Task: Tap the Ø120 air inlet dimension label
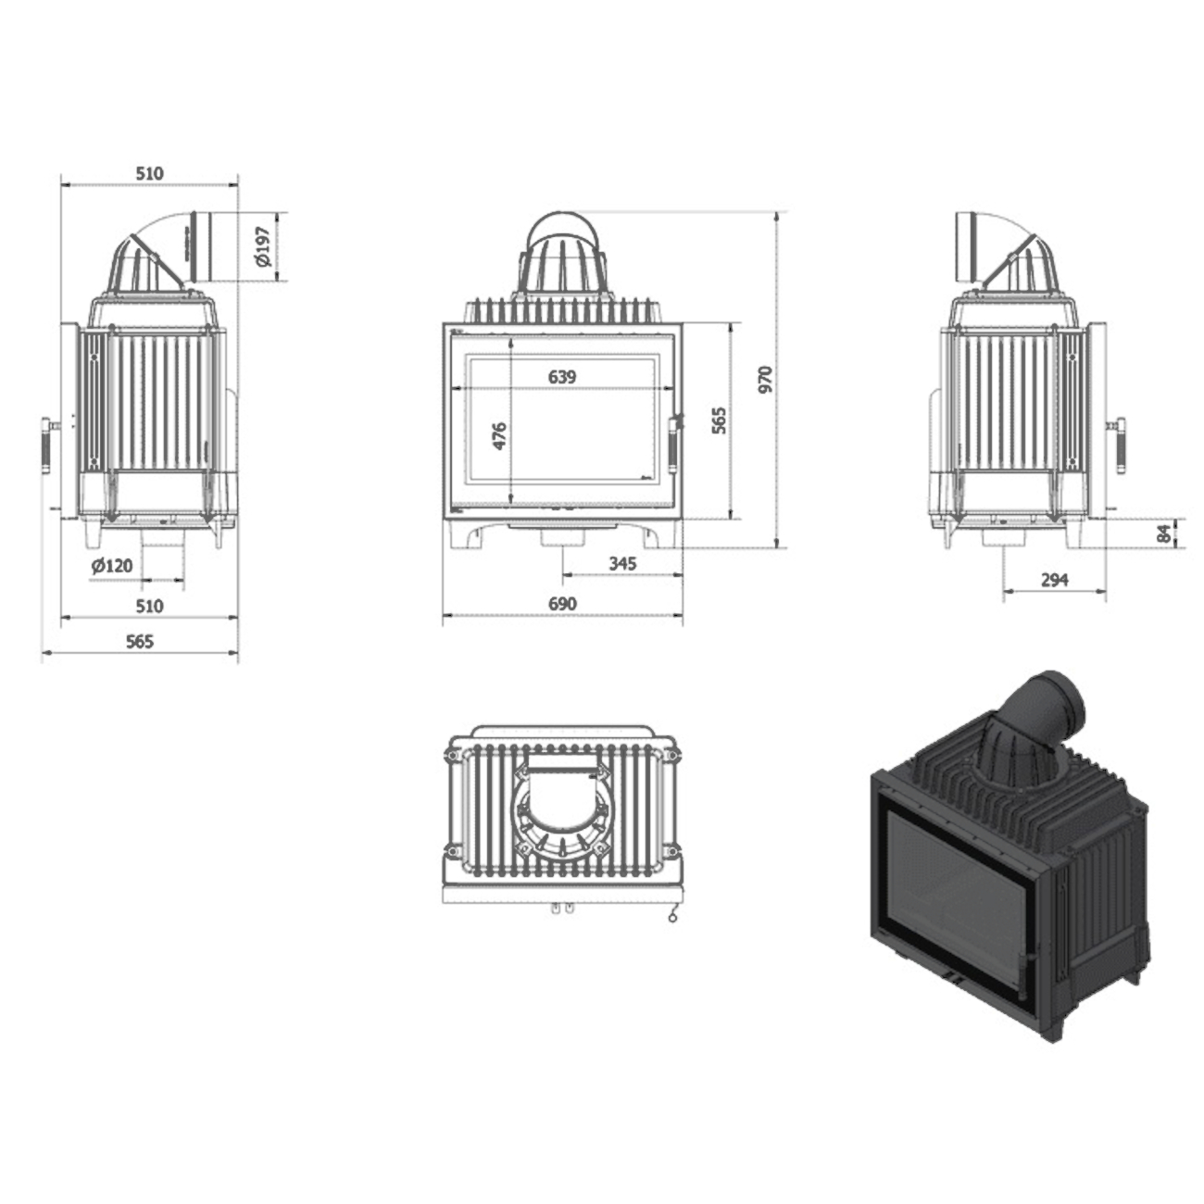coord(112,566)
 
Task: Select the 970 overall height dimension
coord(765,379)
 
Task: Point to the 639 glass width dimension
coord(561,377)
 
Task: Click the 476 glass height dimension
coord(500,436)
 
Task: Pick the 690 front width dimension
coord(562,604)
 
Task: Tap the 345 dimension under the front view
coord(622,564)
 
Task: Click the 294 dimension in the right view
coord(1055,581)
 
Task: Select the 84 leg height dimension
coord(1163,533)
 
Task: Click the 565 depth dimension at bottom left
coord(139,642)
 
